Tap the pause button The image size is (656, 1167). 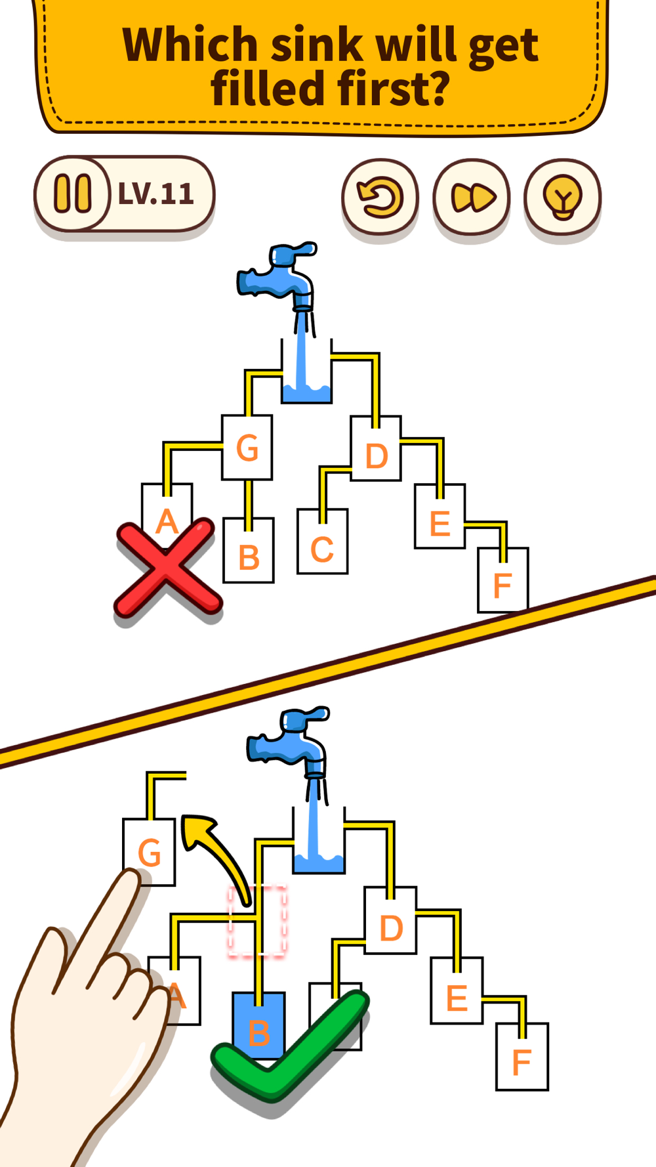pos(72,194)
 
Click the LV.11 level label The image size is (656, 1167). pos(156,194)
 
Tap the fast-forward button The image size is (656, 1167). pos(471,197)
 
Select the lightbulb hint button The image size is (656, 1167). pos(562,197)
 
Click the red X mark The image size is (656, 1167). pos(167,568)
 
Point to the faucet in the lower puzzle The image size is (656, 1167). pos(289,741)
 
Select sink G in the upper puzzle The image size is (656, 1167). pos(247,448)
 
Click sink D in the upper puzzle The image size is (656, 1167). pos(376,448)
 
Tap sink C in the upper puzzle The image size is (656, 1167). pos(322,541)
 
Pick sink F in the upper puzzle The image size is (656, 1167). pos(502,580)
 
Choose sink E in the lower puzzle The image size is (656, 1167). pos(457,990)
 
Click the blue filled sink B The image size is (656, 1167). pos(259,1025)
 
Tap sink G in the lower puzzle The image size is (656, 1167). pos(150,852)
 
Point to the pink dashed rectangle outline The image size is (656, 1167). pos(257,921)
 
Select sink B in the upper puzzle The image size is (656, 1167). pos(249,550)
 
